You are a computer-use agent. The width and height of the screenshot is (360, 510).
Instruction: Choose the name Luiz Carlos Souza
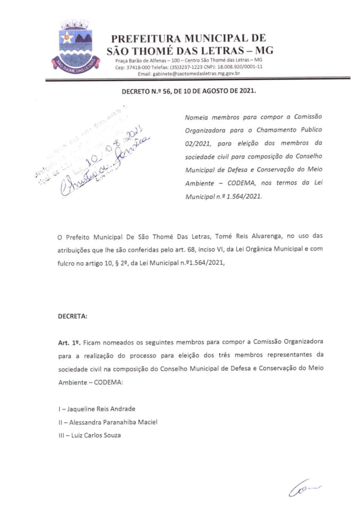(90, 435)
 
